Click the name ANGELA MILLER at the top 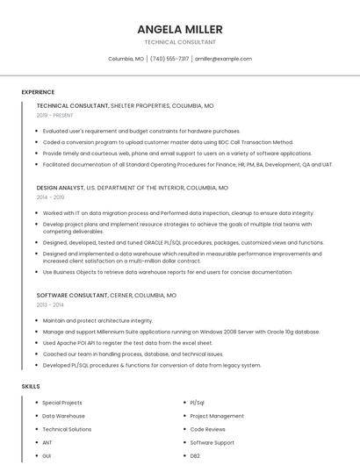point(179,29)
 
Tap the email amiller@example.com point(223,59)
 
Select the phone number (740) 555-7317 point(169,59)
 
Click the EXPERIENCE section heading point(38,91)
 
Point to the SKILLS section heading point(31,386)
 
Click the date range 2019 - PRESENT point(55,115)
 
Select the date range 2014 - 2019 point(51,197)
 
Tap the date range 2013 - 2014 point(50,305)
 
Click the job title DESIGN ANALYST point(61,188)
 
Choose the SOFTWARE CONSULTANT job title point(73,296)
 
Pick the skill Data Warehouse point(64,416)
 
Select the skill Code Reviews point(208,429)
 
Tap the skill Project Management point(217,416)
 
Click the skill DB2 point(195,456)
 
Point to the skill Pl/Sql point(198,403)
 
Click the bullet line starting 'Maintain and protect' point(97,320)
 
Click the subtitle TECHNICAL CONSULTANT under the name point(179,42)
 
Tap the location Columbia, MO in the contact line point(126,59)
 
